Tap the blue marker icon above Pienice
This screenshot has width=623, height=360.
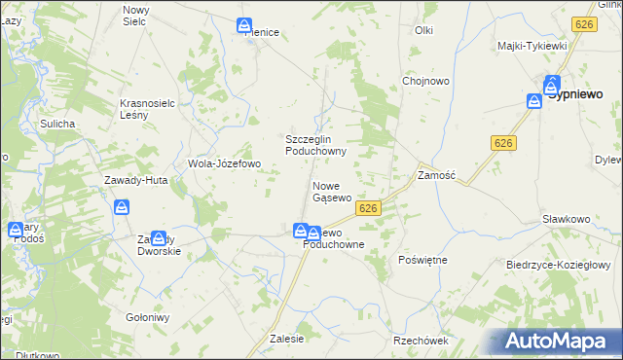(244, 26)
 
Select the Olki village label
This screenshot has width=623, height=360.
(423, 30)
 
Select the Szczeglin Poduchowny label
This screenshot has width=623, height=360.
(315, 144)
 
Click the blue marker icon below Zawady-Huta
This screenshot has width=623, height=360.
(122, 206)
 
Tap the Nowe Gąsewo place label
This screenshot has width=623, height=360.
(332, 191)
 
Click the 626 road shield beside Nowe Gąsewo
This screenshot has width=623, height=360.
(367, 208)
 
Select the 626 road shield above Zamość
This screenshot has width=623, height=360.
(502, 143)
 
